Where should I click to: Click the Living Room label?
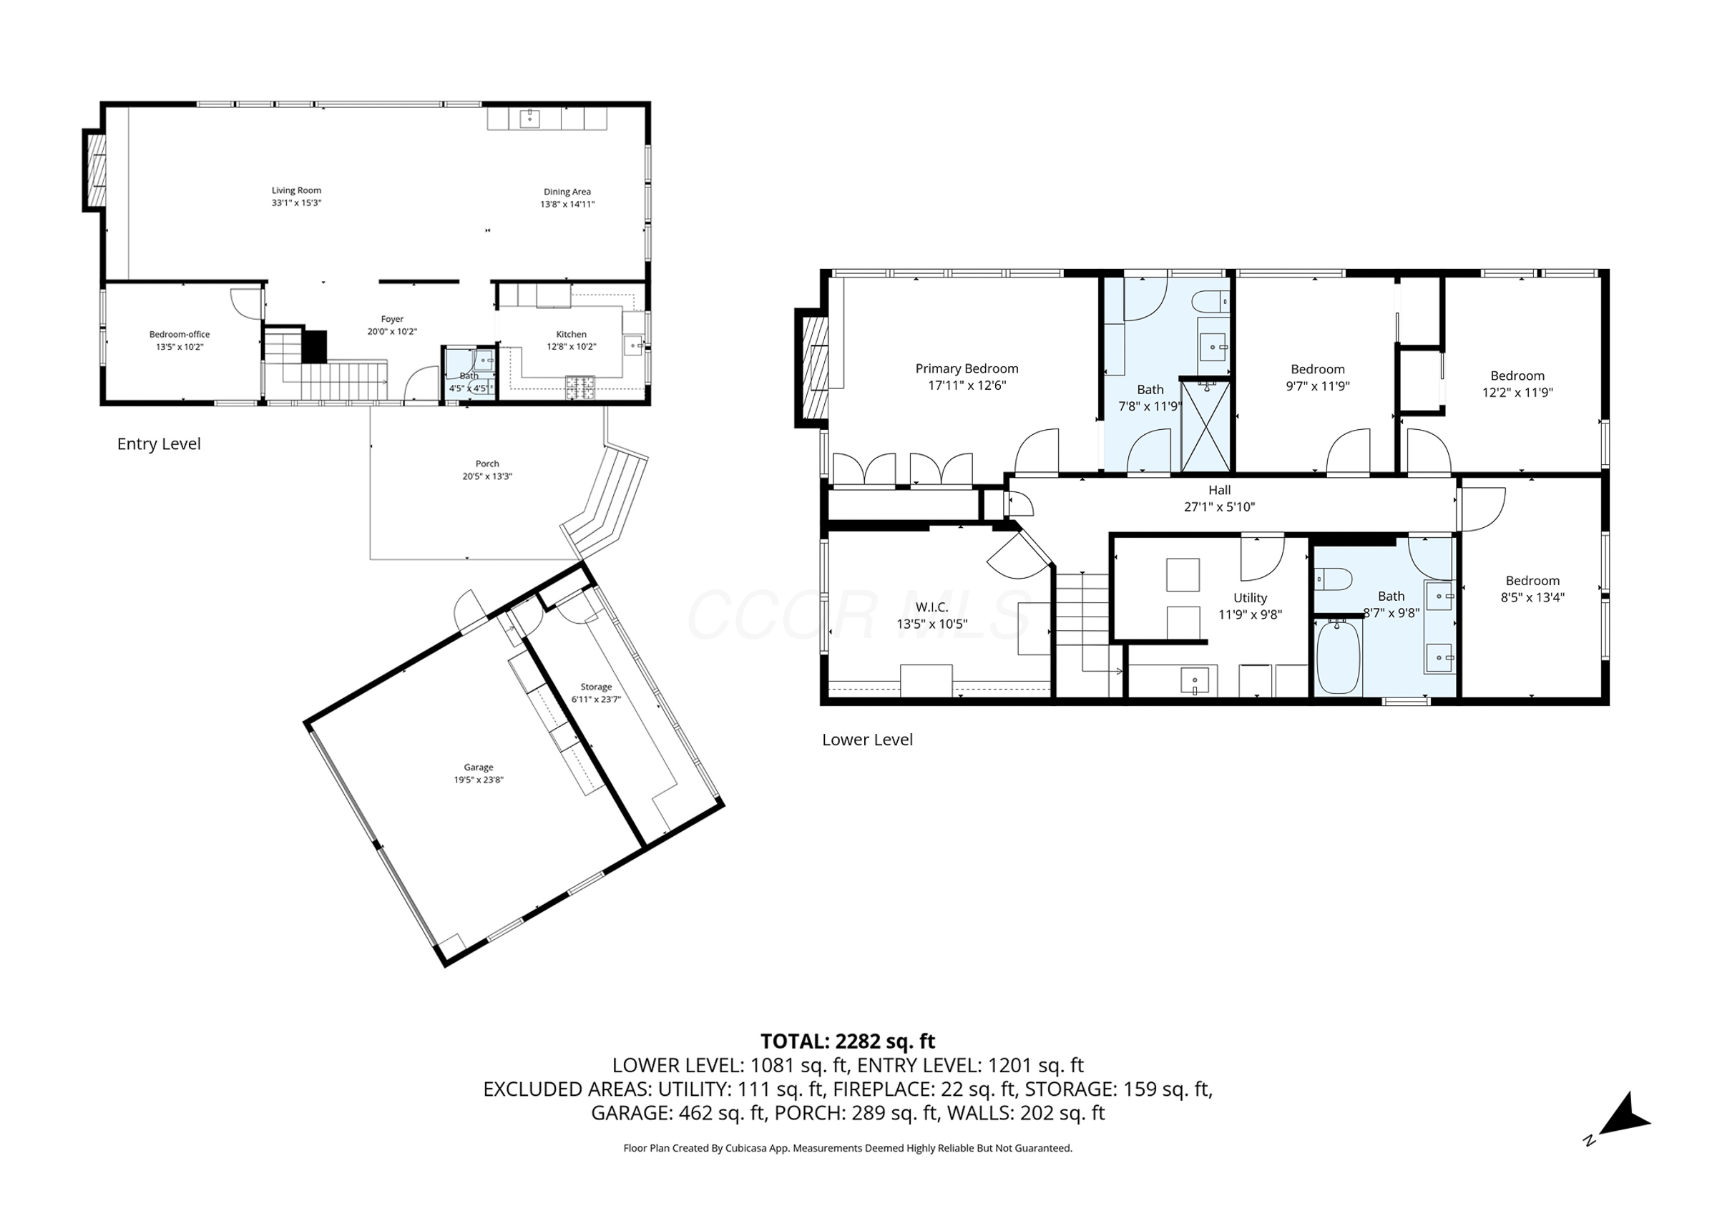click(x=296, y=191)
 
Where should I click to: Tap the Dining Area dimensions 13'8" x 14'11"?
click(x=567, y=204)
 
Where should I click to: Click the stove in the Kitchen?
click(x=580, y=387)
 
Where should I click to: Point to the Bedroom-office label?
click(x=179, y=335)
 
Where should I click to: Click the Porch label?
click(x=487, y=464)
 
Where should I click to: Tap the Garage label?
click(x=478, y=767)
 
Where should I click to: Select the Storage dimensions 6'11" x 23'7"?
click(x=596, y=699)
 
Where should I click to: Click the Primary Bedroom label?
click(x=967, y=368)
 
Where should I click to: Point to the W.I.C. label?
click(x=931, y=607)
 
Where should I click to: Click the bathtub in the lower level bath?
click(x=1338, y=656)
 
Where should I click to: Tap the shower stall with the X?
click(x=1205, y=426)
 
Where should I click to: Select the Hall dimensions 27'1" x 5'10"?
click(x=1218, y=506)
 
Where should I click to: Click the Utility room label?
click(x=1250, y=598)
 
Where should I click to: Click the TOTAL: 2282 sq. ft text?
click(x=847, y=1041)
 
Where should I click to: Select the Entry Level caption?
click(x=159, y=444)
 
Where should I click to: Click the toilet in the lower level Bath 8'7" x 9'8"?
click(x=1333, y=580)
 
